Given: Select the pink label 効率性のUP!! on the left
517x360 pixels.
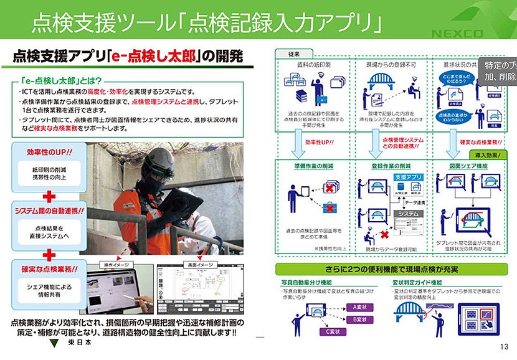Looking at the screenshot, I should click(x=49, y=152).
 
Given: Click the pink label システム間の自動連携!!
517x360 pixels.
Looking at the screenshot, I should click(x=49, y=211).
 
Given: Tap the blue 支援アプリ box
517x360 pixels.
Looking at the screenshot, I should click(x=409, y=177).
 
